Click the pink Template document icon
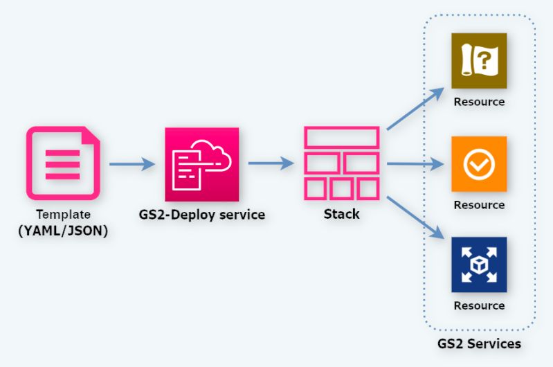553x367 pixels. coord(63,163)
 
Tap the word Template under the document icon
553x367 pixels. coord(64,215)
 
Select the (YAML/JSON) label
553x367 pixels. coord(64,231)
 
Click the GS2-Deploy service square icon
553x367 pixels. coord(201,164)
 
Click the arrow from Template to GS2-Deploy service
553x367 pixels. coord(132,164)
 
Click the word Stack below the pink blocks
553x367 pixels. coord(342,214)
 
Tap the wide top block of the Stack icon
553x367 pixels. coord(342,137)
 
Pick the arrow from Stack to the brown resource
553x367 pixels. coord(415,109)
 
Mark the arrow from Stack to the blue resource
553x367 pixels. coord(415,219)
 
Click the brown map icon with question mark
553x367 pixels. coord(479,61)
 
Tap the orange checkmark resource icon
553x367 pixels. coord(479,164)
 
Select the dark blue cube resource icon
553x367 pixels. coord(479,265)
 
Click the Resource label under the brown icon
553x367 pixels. coord(479,102)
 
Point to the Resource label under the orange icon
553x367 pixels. coord(479,205)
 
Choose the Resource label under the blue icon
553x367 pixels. coord(479,305)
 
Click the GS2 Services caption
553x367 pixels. coord(479,343)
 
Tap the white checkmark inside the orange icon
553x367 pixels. coord(479,165)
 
